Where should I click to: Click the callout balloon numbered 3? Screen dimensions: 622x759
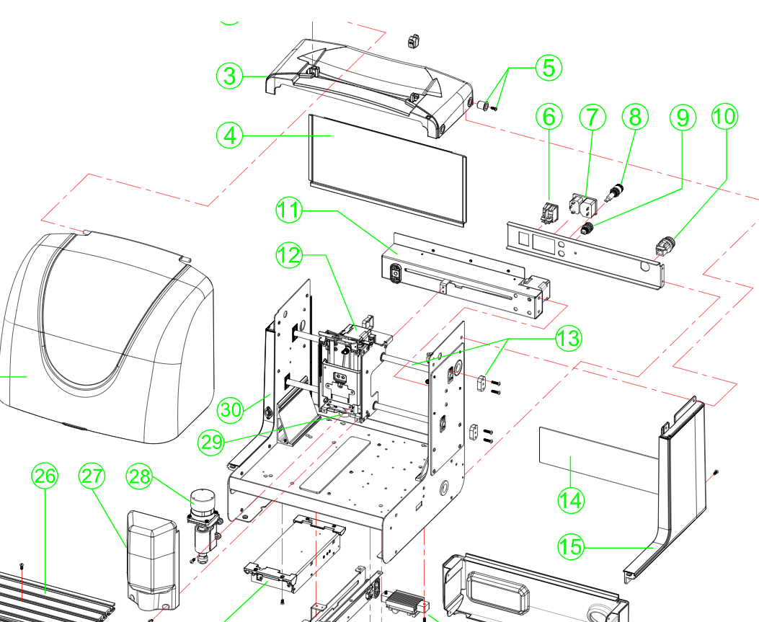[229, 76]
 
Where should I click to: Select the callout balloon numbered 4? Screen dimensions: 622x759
[229, 135]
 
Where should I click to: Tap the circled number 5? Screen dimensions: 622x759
[549, 68]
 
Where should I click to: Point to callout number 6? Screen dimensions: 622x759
[550, 116]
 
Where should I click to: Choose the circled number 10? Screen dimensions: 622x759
[725, 116]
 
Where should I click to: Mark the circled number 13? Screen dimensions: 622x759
[567, 337]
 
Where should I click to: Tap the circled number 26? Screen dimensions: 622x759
[45, 476]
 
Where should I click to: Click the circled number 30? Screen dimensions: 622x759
[231, 409]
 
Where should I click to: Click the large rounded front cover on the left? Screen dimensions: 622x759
[108, 339]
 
